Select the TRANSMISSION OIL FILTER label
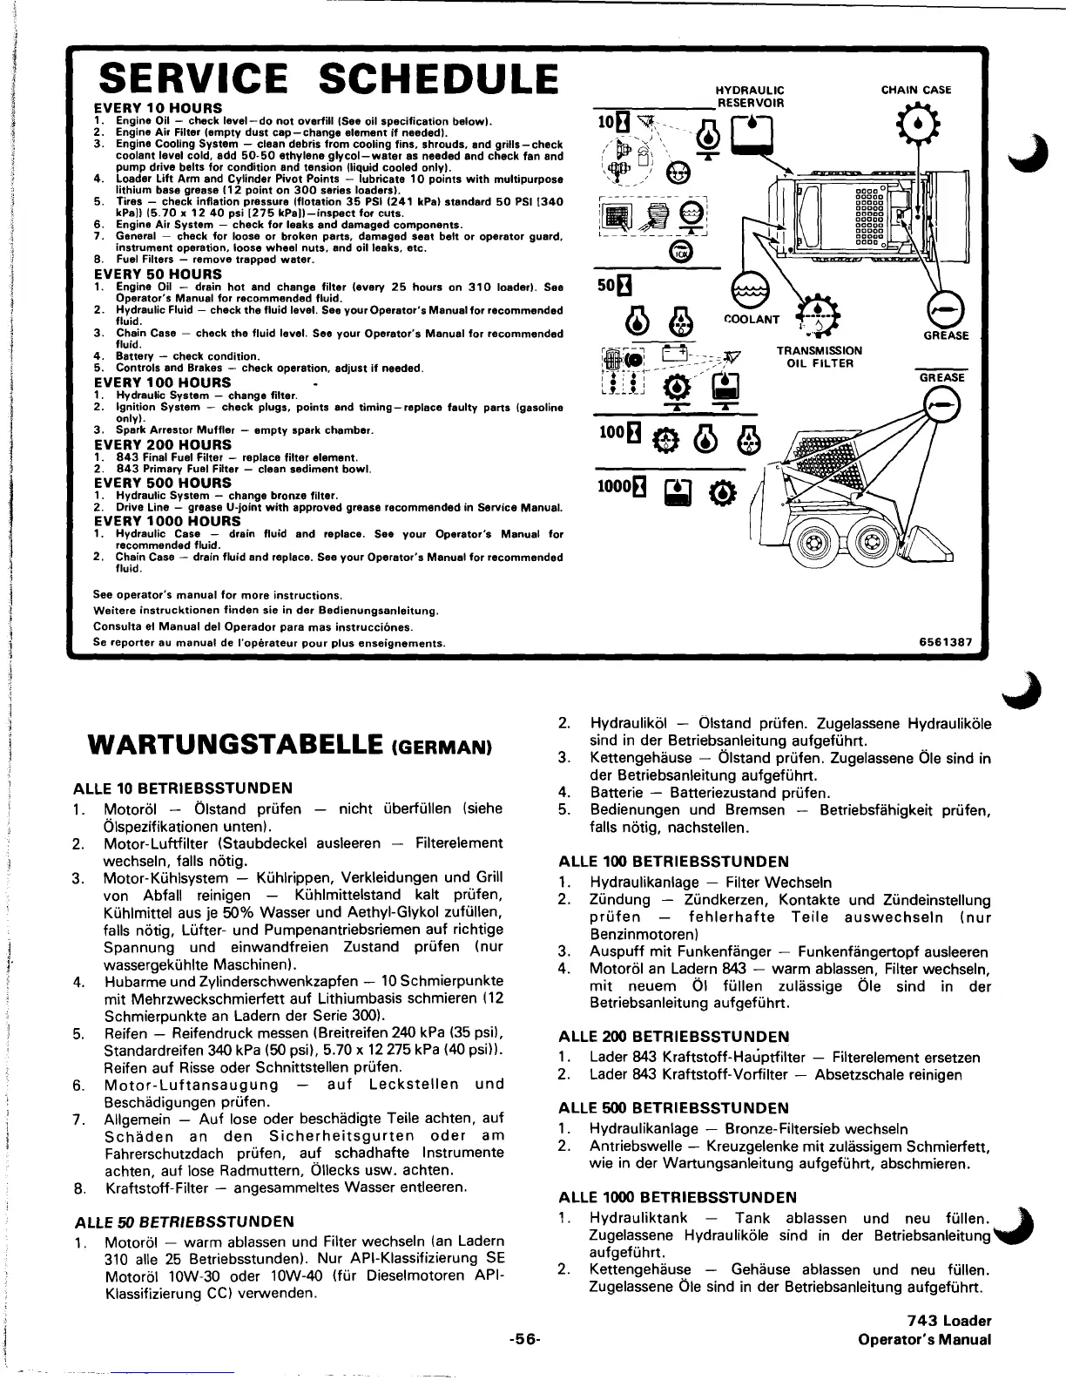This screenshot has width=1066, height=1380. point(819,356)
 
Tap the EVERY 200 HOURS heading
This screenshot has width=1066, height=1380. point(162,444)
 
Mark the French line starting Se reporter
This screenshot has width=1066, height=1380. point(269,643)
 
